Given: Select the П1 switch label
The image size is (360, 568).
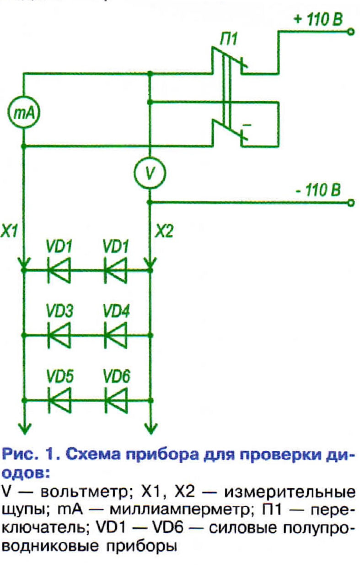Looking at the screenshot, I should point(228,40).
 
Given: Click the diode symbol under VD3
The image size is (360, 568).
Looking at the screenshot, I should point(59,335).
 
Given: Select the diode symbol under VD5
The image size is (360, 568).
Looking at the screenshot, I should point(59,400).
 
